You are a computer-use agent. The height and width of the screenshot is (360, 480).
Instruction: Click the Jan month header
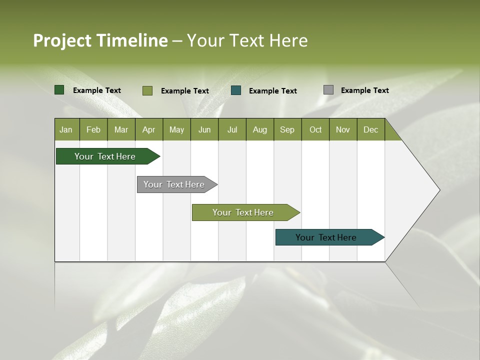pos(66,129)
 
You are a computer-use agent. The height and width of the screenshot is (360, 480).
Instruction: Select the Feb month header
pos(93,129)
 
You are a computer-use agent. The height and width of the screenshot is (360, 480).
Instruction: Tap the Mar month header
pos(121,129)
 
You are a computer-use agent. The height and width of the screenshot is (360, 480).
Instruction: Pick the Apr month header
pos(149,129)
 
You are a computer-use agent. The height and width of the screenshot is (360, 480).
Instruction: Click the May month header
pos(176,129)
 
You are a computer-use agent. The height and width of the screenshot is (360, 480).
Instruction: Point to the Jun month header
pos(204,129)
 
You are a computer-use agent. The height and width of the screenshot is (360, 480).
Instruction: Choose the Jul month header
pos(232,129)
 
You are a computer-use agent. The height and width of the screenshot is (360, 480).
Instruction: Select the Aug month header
pos(260,129)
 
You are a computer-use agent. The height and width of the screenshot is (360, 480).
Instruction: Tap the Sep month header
pos(287,129)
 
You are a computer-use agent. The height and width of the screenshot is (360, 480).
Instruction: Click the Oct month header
pos(315,129)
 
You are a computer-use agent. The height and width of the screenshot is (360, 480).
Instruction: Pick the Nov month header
pos(343,129)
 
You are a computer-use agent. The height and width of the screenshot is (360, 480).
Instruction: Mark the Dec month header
pos(371,129)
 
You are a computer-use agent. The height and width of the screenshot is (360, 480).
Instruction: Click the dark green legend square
pos(59,90)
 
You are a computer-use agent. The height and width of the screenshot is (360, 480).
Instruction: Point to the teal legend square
pos(236,90)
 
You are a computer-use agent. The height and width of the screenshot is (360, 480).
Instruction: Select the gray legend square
pos(328,90)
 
